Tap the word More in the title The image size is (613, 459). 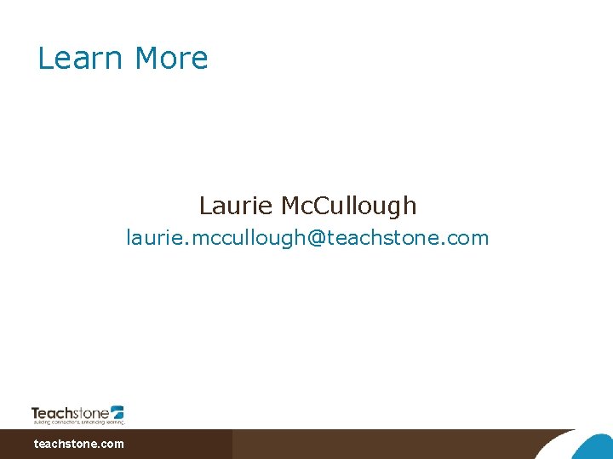tap(171, 59)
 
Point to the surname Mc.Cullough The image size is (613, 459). tap(349, 206)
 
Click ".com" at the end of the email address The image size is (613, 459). tap(467, 238)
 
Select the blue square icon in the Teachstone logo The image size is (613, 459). tap(117, 411)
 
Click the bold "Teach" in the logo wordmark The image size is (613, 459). tap(54, 412)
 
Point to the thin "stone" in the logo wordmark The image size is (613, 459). tap(93, 413)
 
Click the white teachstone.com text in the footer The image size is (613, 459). tap(78, 444)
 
